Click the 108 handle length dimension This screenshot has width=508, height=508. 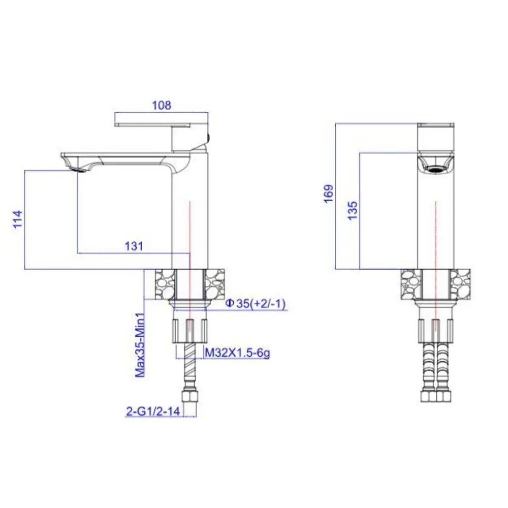[x=162, y=105]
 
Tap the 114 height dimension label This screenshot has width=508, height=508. [x=18, y=219]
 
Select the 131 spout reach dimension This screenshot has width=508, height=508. [x=134, y=246]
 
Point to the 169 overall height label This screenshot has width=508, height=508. [x=329, y=194]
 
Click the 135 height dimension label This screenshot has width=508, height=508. [x=353, y=211]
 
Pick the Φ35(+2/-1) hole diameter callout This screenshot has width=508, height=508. [x=256, y=304]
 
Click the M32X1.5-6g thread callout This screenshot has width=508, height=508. [x=237, y=353]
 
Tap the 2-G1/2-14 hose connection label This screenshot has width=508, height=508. [x=153, y=411]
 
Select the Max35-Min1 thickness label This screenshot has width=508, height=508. [x=140, y=345]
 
